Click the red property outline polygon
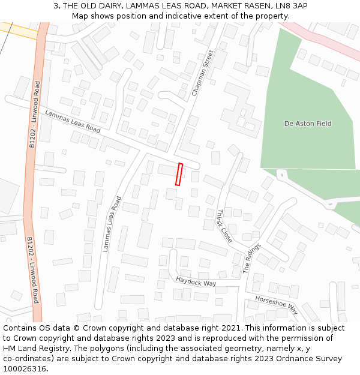pos(179,174)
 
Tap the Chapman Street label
pos(203,73)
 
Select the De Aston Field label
pos(307,124)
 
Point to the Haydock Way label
pos(196,281)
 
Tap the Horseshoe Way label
pos(276,305)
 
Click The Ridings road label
pos(253,259)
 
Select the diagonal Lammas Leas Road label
pos(73,121)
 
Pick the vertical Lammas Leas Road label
pos(112,224)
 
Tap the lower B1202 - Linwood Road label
pos(32,270)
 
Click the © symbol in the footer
pos(77,328)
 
